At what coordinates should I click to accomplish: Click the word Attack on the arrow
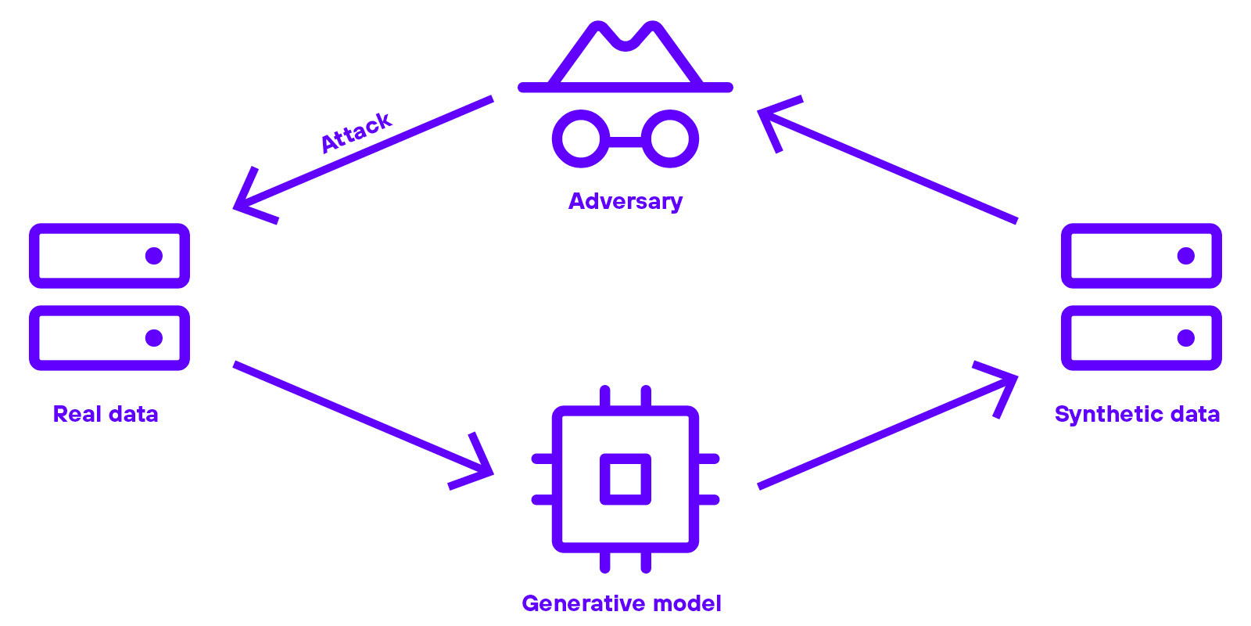click(x=356, y=131)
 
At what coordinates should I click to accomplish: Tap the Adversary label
click(x=625, y=201)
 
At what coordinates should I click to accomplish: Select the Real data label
click(x=106, y=414)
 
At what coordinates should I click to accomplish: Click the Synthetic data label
click(x=1137, y=414)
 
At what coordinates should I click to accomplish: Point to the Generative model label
click(x=622, y=603)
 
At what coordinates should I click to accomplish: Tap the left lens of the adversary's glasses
click(x=581, y=139)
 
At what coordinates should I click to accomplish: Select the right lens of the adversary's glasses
click(x=670, y=139)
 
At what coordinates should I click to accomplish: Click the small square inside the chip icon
click(x=625, y=479)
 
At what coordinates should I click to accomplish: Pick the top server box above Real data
click(x=109, y=256)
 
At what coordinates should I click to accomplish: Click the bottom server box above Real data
click(x=109, y=338)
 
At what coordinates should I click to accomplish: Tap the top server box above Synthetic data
click(x=1142, y=256)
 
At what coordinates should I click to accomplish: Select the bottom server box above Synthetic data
click(x=1142, y=338)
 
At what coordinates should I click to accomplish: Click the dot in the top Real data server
click(x=154, y=256)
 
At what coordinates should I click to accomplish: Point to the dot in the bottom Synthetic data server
click(x=1186, y=338)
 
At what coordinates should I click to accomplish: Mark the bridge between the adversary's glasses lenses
click(x=625, y=141)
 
